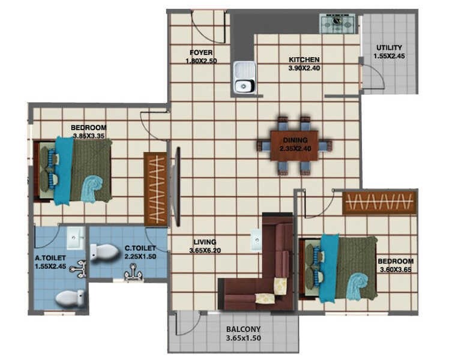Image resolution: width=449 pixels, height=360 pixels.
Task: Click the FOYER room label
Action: pyautogui.click(x=201, y=52)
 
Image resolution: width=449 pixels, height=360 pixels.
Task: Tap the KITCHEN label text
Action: pyautogui.click(x=304, y=60)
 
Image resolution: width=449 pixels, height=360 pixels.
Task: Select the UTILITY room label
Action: pyautogui.click(x=389, y=48)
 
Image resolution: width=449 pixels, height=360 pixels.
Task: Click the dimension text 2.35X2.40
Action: pyautogui.click(x=295, y=148)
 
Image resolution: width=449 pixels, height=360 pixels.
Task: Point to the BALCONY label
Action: pyautogui.click(x=243, y=329)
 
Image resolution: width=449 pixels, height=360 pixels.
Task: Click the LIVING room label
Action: pyautogui.click(x=205, y=242)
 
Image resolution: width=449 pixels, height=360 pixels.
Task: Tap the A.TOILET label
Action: pyautogui.click(x=50, y=259)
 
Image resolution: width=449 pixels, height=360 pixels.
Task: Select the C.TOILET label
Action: pyautogui.click(x=140, y=248)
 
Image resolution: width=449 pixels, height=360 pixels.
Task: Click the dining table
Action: pyautogui.click(x=294, y=145)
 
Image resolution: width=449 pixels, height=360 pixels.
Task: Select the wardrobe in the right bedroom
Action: pyautogui.click(x=379, y=203)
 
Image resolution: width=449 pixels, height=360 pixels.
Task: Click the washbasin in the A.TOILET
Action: pyautogui.click(x=76, y=239)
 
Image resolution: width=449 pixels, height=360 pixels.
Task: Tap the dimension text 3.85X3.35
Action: pyautogui.click(x=89, y=136)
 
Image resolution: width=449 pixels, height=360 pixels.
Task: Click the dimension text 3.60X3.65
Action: pyautogui.click(x=395, y=270)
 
